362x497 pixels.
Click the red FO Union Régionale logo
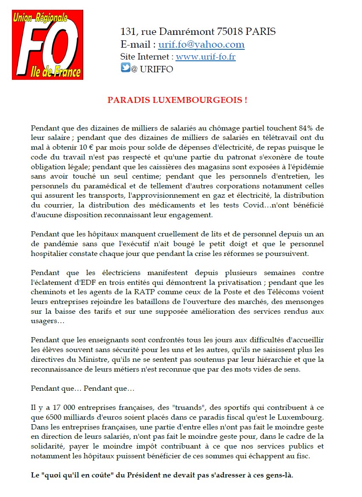(x=47, y=45)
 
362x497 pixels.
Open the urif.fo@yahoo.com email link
(x=201, y=44)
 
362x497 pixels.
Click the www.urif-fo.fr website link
(x=206, y=57)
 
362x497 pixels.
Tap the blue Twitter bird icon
(x=125, y=68)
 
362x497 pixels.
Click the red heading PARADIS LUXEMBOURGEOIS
(x=177, y=100)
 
